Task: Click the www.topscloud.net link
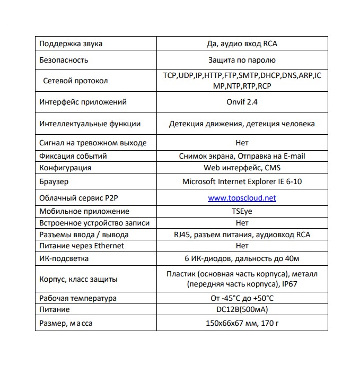242,198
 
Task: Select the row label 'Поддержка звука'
71,44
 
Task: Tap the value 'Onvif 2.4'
242,102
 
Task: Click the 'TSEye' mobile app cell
242,211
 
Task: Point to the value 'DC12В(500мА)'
242,309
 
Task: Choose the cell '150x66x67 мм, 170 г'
242,323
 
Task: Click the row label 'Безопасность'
64,60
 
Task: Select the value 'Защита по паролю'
242,60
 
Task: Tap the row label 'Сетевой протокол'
75,81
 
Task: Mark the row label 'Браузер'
54,181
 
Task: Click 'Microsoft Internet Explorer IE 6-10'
242,181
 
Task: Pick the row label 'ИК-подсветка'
64,259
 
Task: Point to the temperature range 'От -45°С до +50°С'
242,298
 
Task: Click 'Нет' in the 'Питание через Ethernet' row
242,246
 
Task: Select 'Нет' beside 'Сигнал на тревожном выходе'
242,143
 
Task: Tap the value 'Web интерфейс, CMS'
242,168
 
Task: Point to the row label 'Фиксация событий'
73,156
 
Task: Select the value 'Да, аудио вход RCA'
242,44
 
